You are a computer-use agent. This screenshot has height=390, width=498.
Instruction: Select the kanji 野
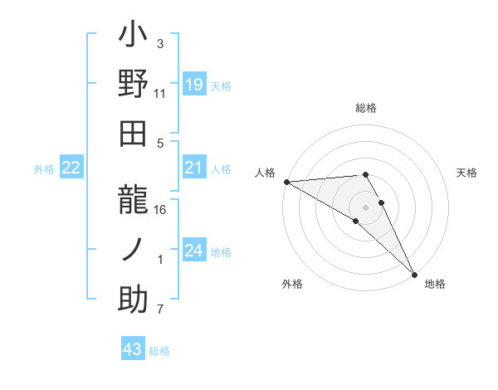tap(134, 85)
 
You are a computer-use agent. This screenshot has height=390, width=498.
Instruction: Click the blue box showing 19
tap(194, 85)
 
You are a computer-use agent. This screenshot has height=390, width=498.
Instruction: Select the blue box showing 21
tap(194, 168)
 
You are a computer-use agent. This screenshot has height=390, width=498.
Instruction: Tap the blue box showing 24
tap(194, 251)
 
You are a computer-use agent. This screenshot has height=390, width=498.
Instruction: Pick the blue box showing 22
tap(71, 168)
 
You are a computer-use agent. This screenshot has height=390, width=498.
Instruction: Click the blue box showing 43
tap(133, 349)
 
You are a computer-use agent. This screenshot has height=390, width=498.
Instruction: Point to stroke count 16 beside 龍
tap(160, 209)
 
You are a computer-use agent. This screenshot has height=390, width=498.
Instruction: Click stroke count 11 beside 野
tap(159, 94)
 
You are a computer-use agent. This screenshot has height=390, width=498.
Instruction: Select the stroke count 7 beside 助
tap(161, 310)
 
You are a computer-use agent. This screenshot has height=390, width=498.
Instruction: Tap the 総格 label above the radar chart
tap(366, 108)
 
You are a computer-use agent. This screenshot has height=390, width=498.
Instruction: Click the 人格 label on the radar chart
tap(266, 173)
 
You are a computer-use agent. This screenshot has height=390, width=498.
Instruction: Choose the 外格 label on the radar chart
tap(291, 284)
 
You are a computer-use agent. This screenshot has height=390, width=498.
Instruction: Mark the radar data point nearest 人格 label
tap(286, 182)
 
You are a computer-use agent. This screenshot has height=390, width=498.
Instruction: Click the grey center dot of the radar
tap(366, 206)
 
